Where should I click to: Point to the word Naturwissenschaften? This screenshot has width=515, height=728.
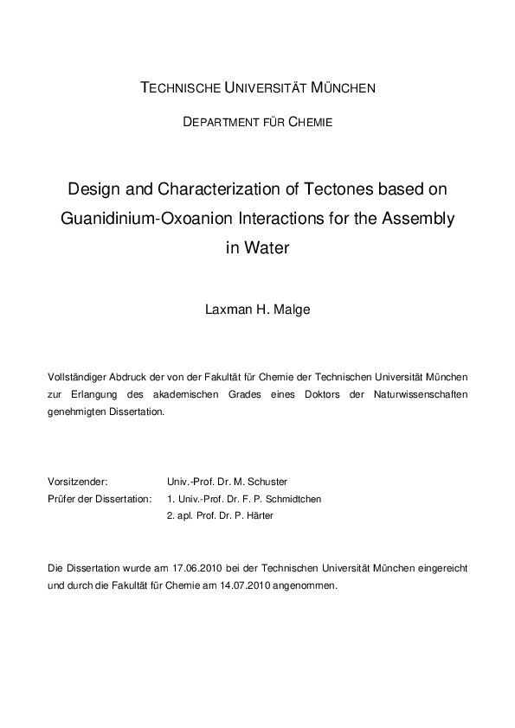coord(423,394)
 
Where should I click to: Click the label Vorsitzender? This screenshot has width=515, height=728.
coord(79,481)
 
